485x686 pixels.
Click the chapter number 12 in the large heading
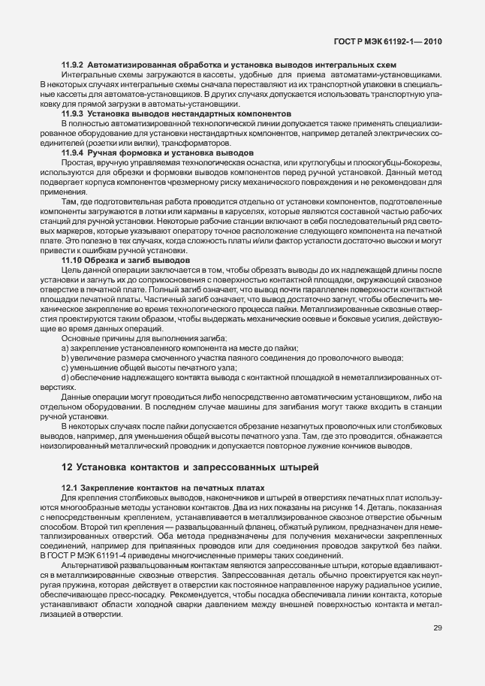(66, 467)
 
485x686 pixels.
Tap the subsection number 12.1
(69, 488)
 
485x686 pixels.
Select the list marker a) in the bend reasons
(65, 348)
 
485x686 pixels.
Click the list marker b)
(65, 358)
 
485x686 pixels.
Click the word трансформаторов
(185, 143)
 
